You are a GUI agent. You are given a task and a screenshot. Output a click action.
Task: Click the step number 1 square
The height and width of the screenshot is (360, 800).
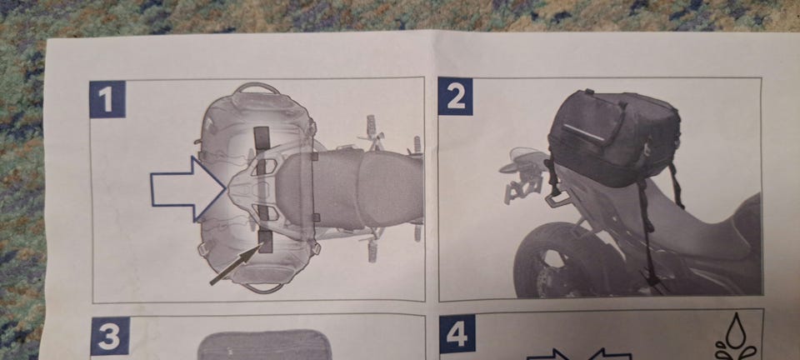click(x=107, y=99)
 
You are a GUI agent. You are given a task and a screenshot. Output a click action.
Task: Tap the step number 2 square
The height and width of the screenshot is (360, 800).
click(x=455, y=97)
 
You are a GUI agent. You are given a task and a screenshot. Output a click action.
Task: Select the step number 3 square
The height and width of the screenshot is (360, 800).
click(x=110, y=336)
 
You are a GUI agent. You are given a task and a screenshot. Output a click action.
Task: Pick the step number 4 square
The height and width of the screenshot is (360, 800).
click(x=457, y=333)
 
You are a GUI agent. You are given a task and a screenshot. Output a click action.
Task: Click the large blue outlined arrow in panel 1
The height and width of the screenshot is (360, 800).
click(x=187, y=189)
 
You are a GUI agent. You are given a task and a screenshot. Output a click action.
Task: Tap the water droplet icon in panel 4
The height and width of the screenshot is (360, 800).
click(x=736, y=337)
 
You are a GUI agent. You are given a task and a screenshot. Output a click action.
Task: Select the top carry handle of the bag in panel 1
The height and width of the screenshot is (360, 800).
click(x=257, y=87)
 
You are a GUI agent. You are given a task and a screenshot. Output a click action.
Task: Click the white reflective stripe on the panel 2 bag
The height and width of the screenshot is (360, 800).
click(x=583, y=132)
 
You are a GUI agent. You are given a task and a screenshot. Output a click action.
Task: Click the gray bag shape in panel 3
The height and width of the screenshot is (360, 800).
click(x=264, y=345)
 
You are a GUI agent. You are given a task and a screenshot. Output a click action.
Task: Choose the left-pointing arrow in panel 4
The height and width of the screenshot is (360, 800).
click(x=610, y=354)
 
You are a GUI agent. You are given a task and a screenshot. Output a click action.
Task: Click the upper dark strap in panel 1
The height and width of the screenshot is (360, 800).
click(x=261, y=137)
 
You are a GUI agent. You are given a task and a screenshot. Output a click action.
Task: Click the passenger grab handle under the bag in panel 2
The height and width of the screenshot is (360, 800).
click(x=557, y=197)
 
